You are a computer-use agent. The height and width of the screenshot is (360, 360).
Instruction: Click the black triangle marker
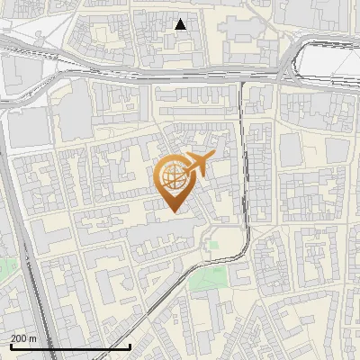[x=181, y=24]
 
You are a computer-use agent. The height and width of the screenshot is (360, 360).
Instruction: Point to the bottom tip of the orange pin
[x=173, y=211]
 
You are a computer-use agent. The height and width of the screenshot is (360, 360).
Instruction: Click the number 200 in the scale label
[x=20, y=338]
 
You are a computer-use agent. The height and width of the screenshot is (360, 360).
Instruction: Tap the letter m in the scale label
[x=33, y=338]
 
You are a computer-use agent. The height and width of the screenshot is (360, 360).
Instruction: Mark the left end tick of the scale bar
[x=11, y=346]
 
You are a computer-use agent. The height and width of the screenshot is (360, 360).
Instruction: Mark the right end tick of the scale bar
[x=130, y=346]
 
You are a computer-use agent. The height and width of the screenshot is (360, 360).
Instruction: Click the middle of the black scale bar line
[x=70, y=346]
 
